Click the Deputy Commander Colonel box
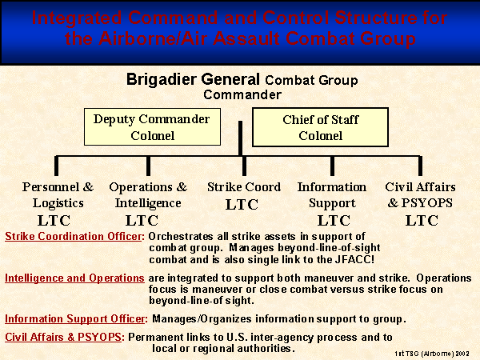point(152,126)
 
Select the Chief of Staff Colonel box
point(320,127)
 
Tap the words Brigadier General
point(193,79)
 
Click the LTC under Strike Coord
point(242,205)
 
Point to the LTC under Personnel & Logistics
point(54,221)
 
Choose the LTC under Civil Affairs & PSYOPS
point(422,221)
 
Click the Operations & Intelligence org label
point(148,195)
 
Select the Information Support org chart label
point(332,195)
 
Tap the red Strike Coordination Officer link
point(74,236)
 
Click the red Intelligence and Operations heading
point(74,278)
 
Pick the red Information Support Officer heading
point(76,318)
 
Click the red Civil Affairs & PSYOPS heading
point(65,337)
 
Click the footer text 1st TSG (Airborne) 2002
point(432,354)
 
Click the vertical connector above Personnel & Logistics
point(56,166)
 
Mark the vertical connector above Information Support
point(332,166)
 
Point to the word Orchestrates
point(180,237)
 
